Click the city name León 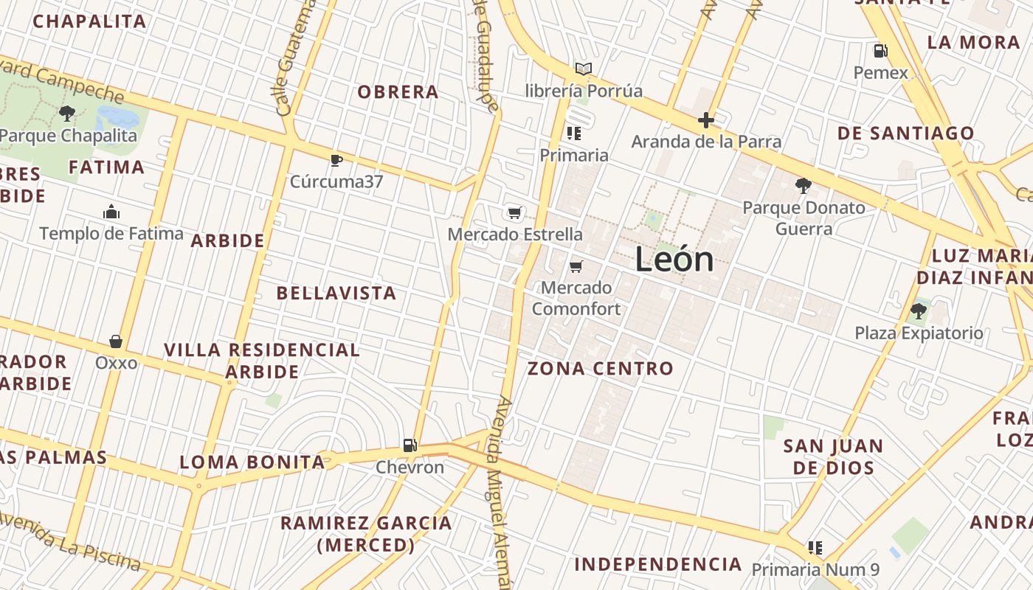point(674,260)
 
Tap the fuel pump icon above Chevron point(410,445)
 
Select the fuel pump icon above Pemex point(880,51)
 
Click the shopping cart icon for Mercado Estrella point(515,213)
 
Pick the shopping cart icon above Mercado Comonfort point(576,266)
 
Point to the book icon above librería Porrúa point(584,69)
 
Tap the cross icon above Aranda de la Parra point(706,120)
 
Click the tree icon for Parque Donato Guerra point(804,186)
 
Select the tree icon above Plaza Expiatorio point(919,311)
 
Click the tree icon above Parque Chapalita point(67,114)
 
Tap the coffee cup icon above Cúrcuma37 point(336,159)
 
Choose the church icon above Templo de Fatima point(111,212)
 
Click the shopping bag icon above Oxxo point(116,341)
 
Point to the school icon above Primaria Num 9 point(815,548)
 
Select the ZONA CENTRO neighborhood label point(601,368)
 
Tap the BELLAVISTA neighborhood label point(336,293)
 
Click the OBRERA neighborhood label point(398,92)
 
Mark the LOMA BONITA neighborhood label point(252,462)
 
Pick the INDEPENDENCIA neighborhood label point(658,564)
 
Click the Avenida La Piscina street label point(70,543)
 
